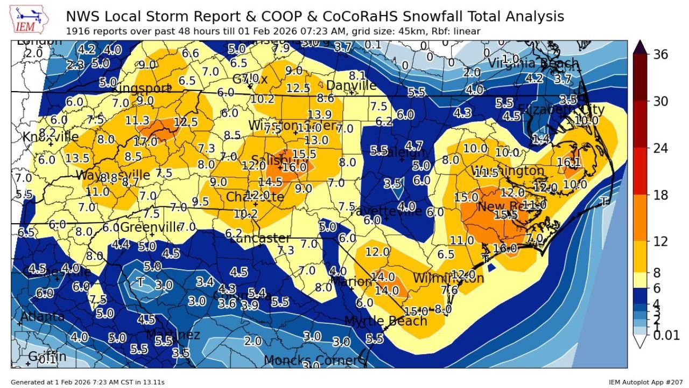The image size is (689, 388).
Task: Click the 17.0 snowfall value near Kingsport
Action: (x=145, y=142)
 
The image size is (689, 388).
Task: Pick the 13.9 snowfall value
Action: (x=319, y=114)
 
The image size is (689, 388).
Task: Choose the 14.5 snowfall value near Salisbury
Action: (x=270, y=182)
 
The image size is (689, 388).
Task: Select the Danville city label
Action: (x=351, y=86)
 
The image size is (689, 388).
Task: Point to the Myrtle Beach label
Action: (x=385, y=321)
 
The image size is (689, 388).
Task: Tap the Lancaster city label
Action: (x=259, y=238)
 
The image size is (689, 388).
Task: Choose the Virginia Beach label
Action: (x=533, y=64)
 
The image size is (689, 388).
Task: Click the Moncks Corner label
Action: (x=311, y=360)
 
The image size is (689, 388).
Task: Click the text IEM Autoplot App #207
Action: (x=645, y=382)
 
